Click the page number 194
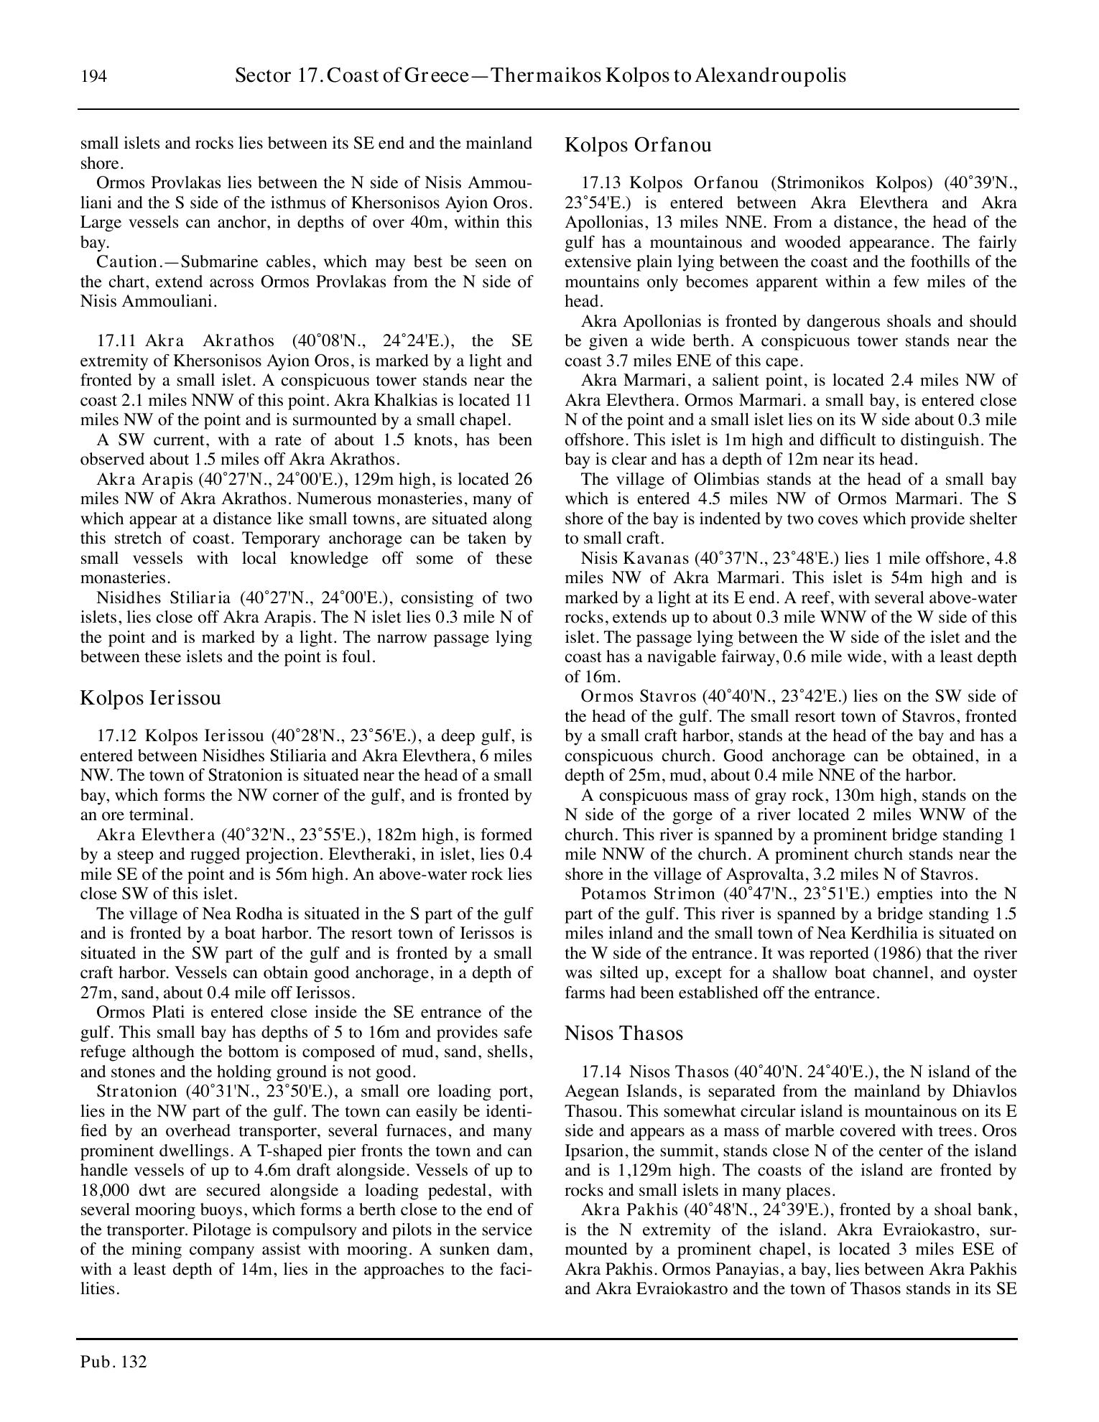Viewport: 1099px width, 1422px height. click(x=94, y=76)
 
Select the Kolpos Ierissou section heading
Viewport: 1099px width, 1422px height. click(x=150, y=697)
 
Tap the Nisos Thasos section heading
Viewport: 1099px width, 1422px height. click(x=623, y=1033)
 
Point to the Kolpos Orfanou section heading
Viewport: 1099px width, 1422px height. click(x=638, y=145)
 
